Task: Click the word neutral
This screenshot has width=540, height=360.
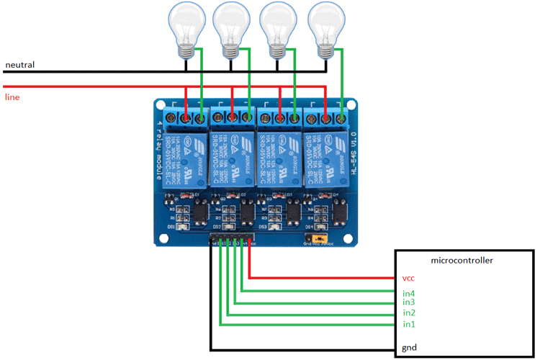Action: pos(19,65)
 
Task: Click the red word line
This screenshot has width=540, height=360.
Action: pos(12,96)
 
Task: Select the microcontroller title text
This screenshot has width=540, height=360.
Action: pos(461,260)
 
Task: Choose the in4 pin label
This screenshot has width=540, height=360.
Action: pos(409,293)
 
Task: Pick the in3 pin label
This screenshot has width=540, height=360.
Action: pos(409,302)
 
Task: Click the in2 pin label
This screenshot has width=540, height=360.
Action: pos(409,313)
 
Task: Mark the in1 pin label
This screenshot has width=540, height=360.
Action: pos(409,325)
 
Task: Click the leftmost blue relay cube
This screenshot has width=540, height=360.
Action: pos(185,156)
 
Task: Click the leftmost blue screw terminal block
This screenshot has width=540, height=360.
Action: pos(185,116)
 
